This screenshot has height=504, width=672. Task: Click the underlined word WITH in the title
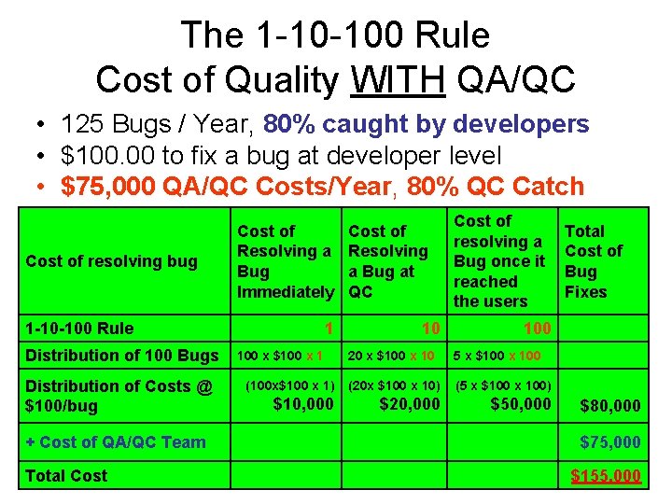tap(399, 80)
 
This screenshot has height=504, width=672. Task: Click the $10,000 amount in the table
tap(302, 403)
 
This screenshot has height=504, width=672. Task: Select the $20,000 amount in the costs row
tap(410, 403)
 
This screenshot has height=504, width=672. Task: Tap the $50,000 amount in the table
tap(521, 403)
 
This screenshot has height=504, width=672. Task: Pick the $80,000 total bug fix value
tap(610, 406)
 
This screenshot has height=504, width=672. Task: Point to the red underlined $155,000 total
tap(606, 477)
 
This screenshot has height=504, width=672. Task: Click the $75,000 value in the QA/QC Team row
tap(610, 442)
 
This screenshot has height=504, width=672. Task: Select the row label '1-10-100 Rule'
tap(79, 328)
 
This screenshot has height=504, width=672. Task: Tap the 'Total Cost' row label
tap(66, 476)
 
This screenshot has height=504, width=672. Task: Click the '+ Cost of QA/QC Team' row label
tap(116, 442)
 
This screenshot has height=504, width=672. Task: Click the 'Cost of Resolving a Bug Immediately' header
tap(285, 261)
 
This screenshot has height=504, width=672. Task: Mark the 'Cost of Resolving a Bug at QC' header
tap(387, 261)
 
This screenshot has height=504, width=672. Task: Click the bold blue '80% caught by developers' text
tap(427, 124)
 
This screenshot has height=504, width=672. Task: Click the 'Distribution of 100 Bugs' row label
tap(119, 355)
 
